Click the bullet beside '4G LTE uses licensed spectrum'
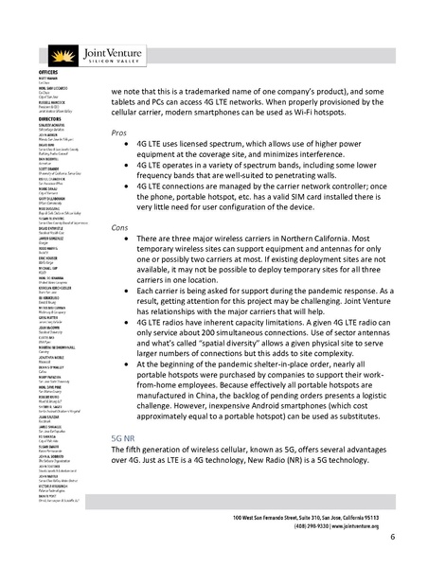click(x=127, y=151)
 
